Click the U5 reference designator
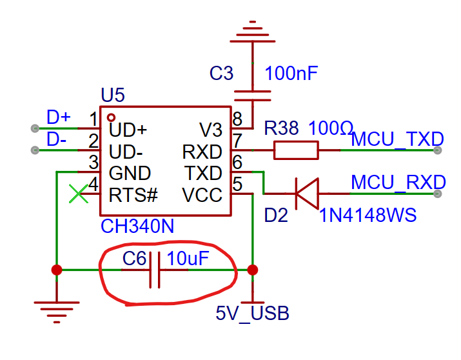113,95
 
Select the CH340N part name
137,226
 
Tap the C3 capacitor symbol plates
253,96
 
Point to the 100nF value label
291,74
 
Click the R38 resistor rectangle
296,150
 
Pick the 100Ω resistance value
331,128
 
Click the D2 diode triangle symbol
308,194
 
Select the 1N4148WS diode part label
368,215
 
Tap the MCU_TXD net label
397,139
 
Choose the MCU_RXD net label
398,183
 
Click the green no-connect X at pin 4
79,194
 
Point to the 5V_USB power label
253,314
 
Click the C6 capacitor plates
155,270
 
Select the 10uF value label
188,259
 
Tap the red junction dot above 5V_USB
253,270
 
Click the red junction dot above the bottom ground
57,270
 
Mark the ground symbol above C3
253,32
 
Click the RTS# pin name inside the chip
133,195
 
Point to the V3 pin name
210,130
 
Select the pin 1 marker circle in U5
111,117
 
